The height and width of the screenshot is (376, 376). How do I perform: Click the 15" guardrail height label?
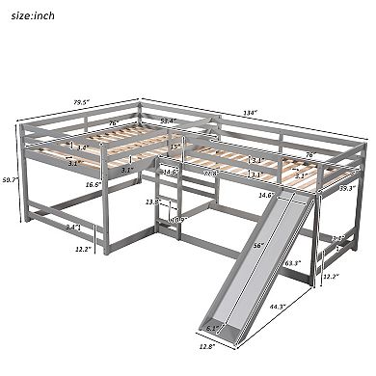[176, 148]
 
